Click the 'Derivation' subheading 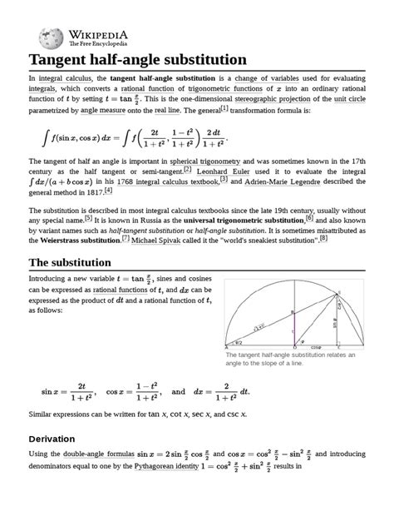[x=59, y=438]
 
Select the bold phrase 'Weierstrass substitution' [x=83, y=241]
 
